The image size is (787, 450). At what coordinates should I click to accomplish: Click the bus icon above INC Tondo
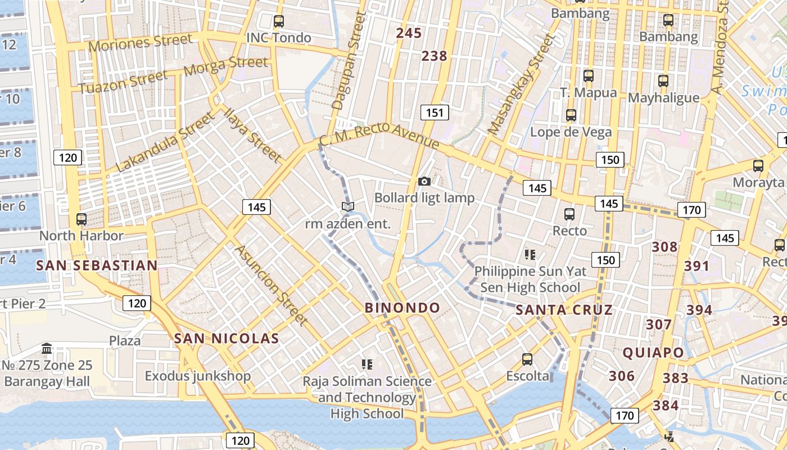pyautogui.click(x=278, y=21)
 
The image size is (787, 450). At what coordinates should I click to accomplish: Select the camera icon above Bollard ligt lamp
pyautogui.click(x=424, y=181)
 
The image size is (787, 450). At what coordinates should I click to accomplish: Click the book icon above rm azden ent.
pyautogui.click(x=348, y=207)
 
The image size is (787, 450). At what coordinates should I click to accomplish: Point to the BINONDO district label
pyautogui.click(x=402, y=308)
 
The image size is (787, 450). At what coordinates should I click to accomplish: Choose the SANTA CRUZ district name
pyautogui.click(x=564, y=310)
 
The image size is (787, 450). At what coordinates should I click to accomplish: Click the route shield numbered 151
pyautogui.click(x=435, y=113)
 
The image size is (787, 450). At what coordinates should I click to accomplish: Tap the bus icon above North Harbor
pyautogui.click(x=82, y=219)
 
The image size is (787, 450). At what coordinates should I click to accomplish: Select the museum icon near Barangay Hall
pyautogui.click(x=47, y=349)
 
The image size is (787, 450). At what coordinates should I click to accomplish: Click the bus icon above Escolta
pyautogui.click(x=527, y=359)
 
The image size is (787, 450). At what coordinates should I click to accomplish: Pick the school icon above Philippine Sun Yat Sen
pyautogui.click(x=530, y=255)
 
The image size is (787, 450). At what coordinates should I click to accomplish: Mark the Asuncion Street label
pyautogui.click(x=272, y=285)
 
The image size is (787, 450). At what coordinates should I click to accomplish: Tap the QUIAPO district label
pyautogui.click(x=653, y=353)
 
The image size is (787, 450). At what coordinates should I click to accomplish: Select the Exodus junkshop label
pyautogui.click(x=198, y=376)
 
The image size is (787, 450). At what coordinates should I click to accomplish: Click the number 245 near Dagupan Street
pyautogui.click(x=409, y=33)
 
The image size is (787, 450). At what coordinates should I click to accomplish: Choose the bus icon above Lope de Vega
pyautogui.click(x=571, y=115)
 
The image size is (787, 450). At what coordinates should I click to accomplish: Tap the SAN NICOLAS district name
pyautogui.click(x=227, y=338)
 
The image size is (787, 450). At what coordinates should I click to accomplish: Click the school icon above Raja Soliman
pyautogui.click(x=367, y=364)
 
